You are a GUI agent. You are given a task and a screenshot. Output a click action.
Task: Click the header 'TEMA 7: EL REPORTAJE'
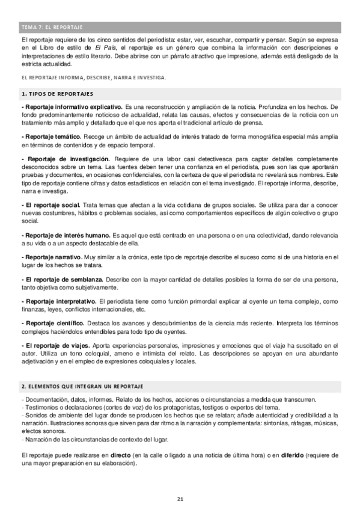coord(52,27)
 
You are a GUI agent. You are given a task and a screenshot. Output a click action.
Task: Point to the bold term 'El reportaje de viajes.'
coord(57,345)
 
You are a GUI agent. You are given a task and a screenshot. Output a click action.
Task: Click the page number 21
coord(180,499)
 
